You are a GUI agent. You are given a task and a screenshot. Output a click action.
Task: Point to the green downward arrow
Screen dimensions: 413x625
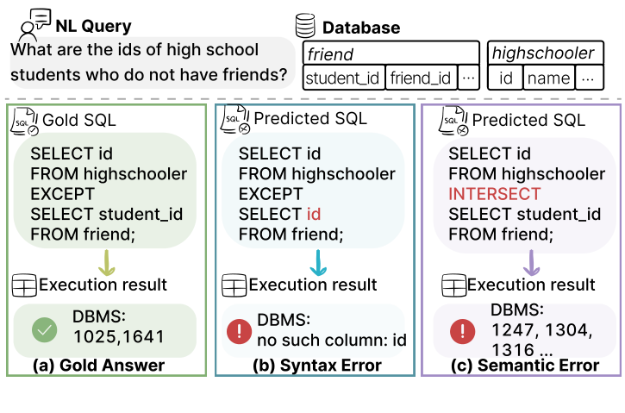coord(108,261)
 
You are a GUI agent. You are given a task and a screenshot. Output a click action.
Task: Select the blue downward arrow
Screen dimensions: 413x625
coord(317,261)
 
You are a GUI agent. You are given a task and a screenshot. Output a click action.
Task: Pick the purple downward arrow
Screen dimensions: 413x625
coord(531,261)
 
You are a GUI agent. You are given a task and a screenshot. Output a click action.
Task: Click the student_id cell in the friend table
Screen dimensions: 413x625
coord(343,78)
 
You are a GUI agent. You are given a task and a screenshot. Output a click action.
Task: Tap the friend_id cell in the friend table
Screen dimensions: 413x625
coord(420,78)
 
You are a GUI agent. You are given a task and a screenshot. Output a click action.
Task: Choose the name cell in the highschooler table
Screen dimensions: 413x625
coord(548,78)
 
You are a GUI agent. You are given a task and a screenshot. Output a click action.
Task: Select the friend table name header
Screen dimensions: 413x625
coord(331,54)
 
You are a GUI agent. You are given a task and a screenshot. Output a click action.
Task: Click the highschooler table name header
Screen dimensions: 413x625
coord(543,53)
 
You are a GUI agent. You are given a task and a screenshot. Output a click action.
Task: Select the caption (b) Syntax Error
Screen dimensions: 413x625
coord(318,366)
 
